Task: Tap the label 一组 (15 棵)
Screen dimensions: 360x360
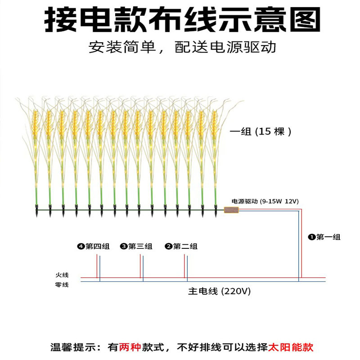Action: point(261,132)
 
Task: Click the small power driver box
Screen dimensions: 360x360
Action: point(231,210)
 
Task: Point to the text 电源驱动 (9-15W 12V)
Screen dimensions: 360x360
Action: point(265,201)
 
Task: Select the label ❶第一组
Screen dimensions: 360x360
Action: point(324,237)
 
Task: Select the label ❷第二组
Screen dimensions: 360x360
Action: point(181,246)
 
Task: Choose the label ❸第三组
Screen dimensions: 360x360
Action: point(136,246)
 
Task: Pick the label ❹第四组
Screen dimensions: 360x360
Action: point(93,246)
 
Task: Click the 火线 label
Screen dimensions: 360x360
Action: point(62,274)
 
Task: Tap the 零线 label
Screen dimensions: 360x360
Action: point(62,284)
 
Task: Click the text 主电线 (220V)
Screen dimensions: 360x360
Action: point(219,291)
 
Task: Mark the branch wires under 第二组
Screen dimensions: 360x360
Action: point(186,267)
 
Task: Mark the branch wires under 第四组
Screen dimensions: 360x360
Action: point(98,267)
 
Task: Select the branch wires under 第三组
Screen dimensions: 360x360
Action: point(142,267)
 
